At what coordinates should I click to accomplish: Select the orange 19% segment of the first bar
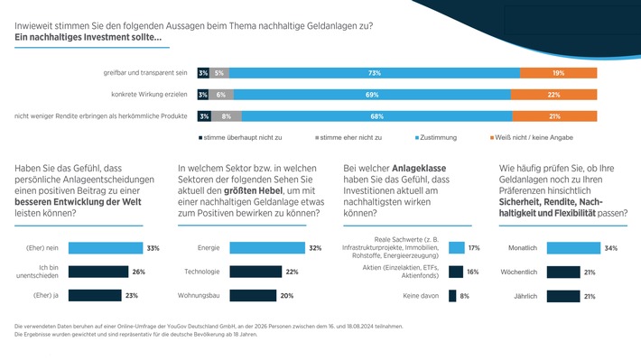(x=559, y=72)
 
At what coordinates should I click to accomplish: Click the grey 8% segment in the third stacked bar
(x=226, y=115)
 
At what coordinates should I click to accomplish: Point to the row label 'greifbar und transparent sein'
(x=145, y=72)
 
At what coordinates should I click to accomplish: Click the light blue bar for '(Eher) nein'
(x=105, y=248)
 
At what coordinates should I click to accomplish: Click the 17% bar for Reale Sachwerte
(x=456, y=248)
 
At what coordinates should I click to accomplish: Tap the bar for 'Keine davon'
(x=452, y=294)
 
